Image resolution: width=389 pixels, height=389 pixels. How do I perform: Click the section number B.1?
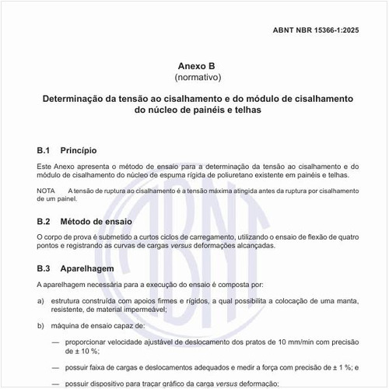click(44, 149)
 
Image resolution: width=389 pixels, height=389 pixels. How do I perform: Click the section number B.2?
click(44, 222)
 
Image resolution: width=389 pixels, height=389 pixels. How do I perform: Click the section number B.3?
click(44, 268)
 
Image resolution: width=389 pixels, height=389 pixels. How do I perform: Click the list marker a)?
click(40, 299)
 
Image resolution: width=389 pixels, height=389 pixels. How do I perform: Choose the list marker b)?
click(40, 326)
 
